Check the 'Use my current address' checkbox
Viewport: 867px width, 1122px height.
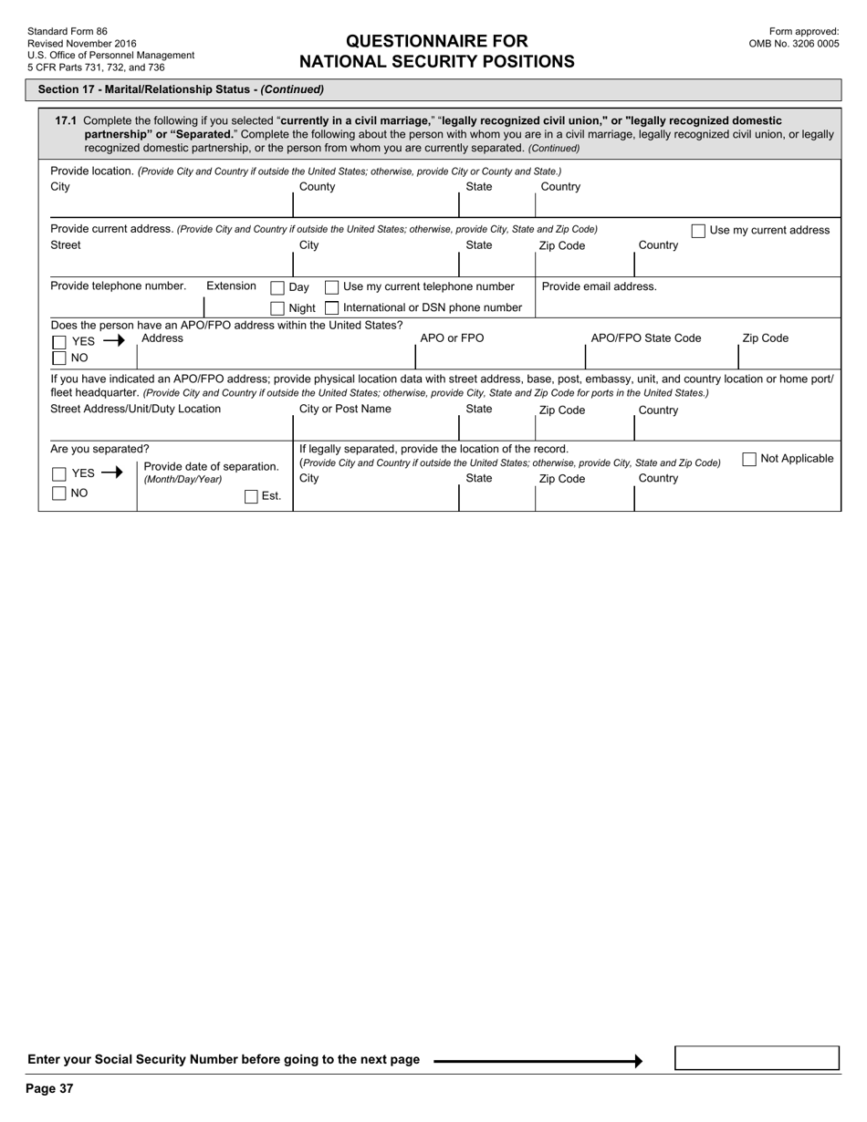pyautogui.click(x=698, y=231)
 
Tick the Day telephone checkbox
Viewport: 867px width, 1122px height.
pyautogui.click(x=277, y=287)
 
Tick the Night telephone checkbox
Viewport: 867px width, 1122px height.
pyautogui.click(x=277, y=308)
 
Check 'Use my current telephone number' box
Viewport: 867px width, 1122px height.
pyautogui.click(x=332, y=287)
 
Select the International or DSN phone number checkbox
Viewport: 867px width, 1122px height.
pyautogui.click(x=332, y=308)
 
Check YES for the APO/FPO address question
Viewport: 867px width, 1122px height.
pyautogui.click(x=59, y=342)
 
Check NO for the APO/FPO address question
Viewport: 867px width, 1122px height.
pyautogui.click(x=59, y=358)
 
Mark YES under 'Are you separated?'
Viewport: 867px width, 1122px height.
pyautogui.click(x=59, y=473)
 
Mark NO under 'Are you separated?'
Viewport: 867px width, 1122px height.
pyautogui.click(x=59, y=493)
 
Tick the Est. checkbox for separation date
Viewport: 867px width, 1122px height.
pyautogui.click(x=251, y=497)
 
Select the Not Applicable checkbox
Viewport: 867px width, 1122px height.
pyautogui.click(x=749, y=459)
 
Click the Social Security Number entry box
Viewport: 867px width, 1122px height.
pyautogui.click(x=757, y=1058)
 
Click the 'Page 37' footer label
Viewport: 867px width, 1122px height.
pyautogui.click(x=49, y=1088)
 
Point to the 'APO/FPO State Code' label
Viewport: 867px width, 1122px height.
pyautogui.click(x=646, y=338)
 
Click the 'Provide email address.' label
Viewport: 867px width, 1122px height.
pyautogui.click(x=599, y=286)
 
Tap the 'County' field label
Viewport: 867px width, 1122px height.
pyautogui.click(x=317, y=187)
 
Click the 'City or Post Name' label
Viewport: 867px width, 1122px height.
pyautogui.click(x=345, y=409)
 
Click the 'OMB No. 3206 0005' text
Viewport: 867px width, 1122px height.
pyautogui.click(x=794, y=43)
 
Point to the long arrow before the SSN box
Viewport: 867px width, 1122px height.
pyautogui.click(x=538, y=1061)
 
